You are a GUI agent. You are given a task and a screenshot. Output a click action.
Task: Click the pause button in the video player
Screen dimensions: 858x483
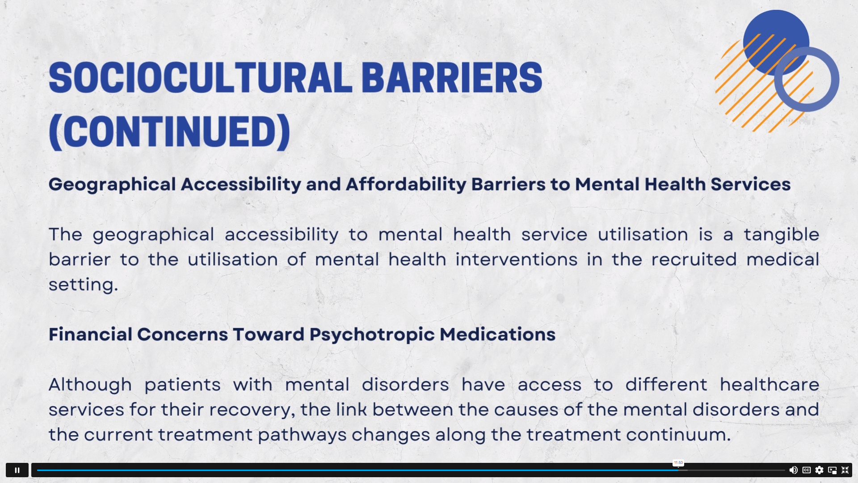click(x=17, y=470)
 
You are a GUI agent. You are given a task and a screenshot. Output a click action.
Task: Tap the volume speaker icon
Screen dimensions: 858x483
click(x=793, y=470)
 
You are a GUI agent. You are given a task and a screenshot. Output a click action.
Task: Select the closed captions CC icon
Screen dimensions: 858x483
click(x=807, y=470)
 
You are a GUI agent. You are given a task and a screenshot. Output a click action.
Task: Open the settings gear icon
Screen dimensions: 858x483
click(x=819, y=470)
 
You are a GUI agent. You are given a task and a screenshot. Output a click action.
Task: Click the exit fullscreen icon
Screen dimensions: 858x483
click(x=845, y=470)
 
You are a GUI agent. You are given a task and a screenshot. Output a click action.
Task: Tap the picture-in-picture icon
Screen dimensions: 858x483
click(x=832, y=470)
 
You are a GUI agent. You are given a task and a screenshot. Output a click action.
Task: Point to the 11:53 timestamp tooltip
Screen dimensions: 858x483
click(x=678, y=463)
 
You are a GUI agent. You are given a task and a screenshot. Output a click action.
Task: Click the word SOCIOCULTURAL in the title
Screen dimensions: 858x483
click(x=200, y=78)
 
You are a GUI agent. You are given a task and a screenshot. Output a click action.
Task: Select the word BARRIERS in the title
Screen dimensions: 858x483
click(x=451, y=78)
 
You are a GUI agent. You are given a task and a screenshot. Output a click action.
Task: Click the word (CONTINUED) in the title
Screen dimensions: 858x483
click(x=169, y=132)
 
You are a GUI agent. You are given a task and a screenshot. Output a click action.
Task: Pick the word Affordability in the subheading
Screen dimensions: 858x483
click(x=406, y=184)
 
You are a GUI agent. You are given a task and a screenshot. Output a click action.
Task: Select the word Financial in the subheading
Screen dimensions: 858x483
click(x=90, y=335)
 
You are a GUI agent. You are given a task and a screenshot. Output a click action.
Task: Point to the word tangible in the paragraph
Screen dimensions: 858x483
click(x=781, y=235)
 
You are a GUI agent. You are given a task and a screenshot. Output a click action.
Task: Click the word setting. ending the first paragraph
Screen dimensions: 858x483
click(x=83, y=285)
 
